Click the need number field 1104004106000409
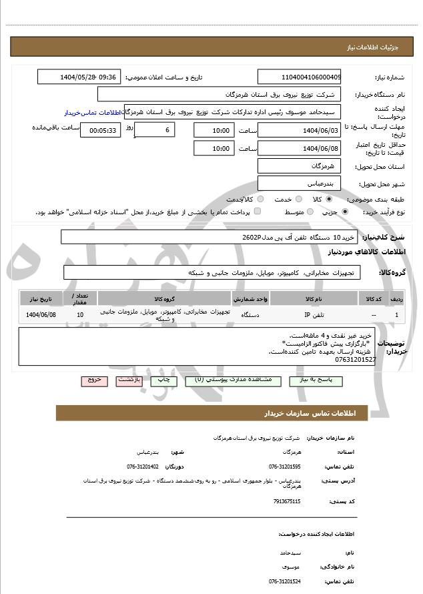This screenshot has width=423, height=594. (x=299, y=77)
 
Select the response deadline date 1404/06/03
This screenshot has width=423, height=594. (x=299, y=130)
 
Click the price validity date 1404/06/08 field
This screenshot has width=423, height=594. (x=299, y=148)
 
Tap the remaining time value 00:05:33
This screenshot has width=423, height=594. (x=100, y=130)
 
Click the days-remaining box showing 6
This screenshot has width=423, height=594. (x=155, y=130)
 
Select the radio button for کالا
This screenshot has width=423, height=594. (x=329, y=199)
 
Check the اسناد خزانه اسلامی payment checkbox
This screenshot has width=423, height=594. (x=258, y=212)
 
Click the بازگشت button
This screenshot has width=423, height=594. (x=129, y=379)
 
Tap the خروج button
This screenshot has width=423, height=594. (x=94, y=379)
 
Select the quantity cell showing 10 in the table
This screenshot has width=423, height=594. (x=80, y=314)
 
